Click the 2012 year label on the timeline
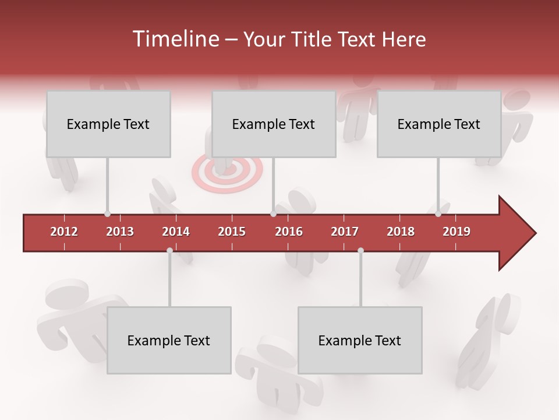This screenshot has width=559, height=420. pyautogui.click(x=64, y=232)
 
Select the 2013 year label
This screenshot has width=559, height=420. pyautogui.click(x=120, y=232)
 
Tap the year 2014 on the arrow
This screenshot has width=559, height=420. pyautogui.click(x=176, y=232)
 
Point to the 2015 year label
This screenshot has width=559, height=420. pyautogui.click(x=232, y=232)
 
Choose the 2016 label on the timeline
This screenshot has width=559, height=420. pyautogui.click(x=289, y=232)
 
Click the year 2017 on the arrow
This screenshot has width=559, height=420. pyautogui.click(x=345, y=232)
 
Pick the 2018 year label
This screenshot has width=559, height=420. pyautogui.click(x=401, y=232)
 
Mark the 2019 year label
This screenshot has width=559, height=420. pyautogui.click(x=457, y=232)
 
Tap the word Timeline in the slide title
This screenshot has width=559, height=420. pyautogui.click(x=174, y=39)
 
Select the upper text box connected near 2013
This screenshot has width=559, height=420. pyautogui.click(x=108, y=124)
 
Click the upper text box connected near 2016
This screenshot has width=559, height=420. pyautogui.click(x=274, y=124)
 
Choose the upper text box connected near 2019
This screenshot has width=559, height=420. pyautogui.click(x=439, y=124)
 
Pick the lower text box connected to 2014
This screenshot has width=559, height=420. pyautogui.click(x=169, y=340)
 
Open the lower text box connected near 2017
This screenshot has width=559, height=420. pyautogui.click(x=360, y=340)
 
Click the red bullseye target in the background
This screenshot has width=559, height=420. pyautogui.click(x=227, y=170)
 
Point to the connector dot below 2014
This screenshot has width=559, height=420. pyautogui.click(x=169, y=250)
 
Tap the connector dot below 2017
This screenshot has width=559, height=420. pyautogui.click(x=360, y=250)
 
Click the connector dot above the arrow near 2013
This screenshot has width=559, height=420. pyautogui.click(x=107, y=213)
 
